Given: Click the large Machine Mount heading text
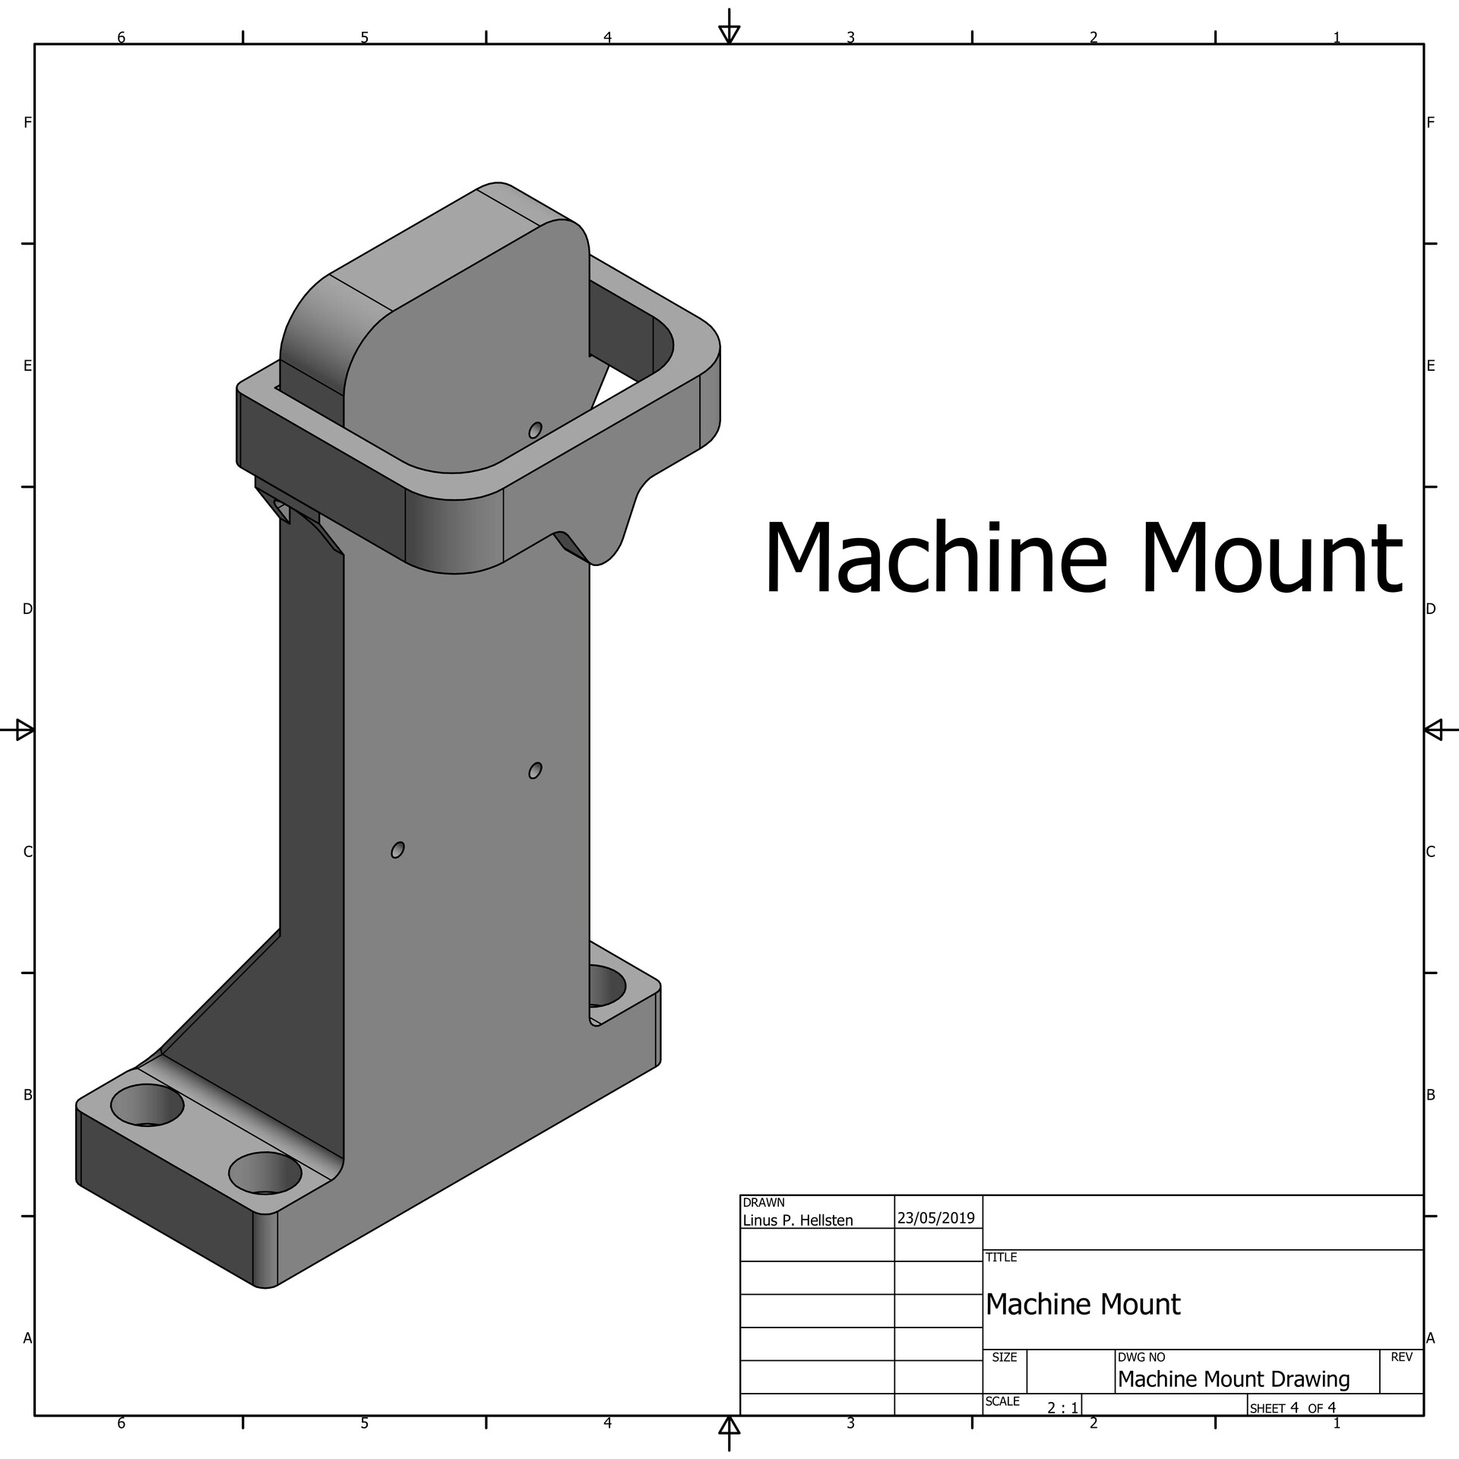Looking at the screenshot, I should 1082,559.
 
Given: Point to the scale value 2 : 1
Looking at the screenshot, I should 1062,1408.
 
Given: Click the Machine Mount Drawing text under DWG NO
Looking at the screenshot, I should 1233,1379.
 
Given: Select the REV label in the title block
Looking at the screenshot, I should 1400,1357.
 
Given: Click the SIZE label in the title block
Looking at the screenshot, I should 1004,1357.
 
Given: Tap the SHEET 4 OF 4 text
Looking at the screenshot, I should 1292,1408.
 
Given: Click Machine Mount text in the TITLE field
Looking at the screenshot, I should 1082,1305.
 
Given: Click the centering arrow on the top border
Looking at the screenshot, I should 729,33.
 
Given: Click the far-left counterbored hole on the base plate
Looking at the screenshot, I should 147,1105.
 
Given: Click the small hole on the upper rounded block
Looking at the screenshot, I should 535,430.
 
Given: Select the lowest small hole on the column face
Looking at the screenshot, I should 397,850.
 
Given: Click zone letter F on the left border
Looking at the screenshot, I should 27,122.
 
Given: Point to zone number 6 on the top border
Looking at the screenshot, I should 121,37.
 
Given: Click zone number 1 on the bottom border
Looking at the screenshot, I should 1336,1423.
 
